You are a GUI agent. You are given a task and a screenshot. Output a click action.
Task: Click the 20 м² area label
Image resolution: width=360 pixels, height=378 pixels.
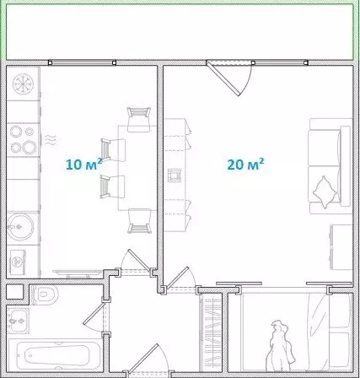245,164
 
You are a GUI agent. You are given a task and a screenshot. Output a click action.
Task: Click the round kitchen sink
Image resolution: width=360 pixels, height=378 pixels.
20,225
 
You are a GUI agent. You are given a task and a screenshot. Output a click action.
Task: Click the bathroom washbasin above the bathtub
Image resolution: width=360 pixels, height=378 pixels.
18,321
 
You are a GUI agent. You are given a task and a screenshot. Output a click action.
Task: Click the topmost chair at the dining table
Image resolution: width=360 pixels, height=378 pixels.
137,117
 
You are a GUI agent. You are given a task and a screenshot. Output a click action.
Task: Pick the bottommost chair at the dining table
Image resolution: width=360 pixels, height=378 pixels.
137,221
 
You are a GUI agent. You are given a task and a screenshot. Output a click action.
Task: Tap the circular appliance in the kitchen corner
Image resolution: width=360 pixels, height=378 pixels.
23,84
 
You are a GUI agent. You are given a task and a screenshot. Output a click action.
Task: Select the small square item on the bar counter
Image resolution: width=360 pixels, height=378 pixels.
175,175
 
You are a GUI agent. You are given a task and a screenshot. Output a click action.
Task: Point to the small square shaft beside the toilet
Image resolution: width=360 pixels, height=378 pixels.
13,292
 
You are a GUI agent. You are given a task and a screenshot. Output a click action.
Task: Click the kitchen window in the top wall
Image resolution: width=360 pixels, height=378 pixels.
83,62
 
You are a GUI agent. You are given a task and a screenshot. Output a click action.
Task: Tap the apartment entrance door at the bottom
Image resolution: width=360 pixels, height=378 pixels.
143,363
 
